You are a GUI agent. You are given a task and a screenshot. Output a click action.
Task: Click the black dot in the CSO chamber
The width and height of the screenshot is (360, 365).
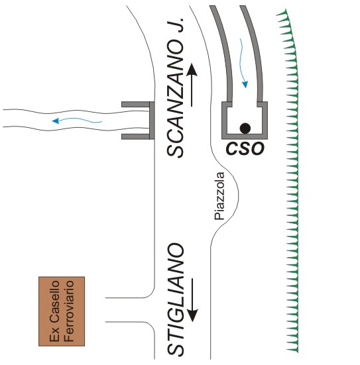tap(245, 129)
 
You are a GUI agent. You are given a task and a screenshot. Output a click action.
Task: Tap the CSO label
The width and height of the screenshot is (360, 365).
tap(245, 148)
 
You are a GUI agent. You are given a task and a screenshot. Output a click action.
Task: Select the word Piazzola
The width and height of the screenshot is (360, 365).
tap(219, 196)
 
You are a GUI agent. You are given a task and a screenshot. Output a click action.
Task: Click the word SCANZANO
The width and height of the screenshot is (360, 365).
tap(176, 99)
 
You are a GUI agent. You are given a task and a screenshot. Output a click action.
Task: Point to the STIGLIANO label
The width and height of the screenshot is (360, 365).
tap(176, 299)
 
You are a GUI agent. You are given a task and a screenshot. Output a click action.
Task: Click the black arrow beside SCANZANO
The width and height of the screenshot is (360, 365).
tap(192, 85)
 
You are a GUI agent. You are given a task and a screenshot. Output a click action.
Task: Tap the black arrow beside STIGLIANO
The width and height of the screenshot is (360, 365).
tap(192, 300)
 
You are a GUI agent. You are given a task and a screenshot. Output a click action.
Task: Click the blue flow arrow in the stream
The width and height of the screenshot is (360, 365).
tap(77, 120)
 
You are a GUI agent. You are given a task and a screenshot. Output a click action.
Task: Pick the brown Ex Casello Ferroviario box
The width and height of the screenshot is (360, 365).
tap(62, 311)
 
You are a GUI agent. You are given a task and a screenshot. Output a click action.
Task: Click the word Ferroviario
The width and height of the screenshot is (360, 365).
tap(69, 311)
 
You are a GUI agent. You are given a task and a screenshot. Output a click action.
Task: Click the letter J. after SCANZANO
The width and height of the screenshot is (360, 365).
tap(178, 25)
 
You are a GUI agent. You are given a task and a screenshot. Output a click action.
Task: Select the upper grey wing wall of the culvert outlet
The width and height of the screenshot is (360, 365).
tap(135, 104)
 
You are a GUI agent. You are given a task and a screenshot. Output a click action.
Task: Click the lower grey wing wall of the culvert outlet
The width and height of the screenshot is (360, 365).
tap(135, 136)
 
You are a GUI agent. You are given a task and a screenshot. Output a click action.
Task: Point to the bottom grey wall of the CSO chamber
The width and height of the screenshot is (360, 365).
tap(245, 136)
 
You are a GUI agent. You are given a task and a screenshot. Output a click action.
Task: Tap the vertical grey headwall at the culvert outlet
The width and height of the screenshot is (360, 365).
tap(152, 121)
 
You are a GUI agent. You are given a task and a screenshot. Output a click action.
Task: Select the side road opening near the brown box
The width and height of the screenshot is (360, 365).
tap(131, 310)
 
